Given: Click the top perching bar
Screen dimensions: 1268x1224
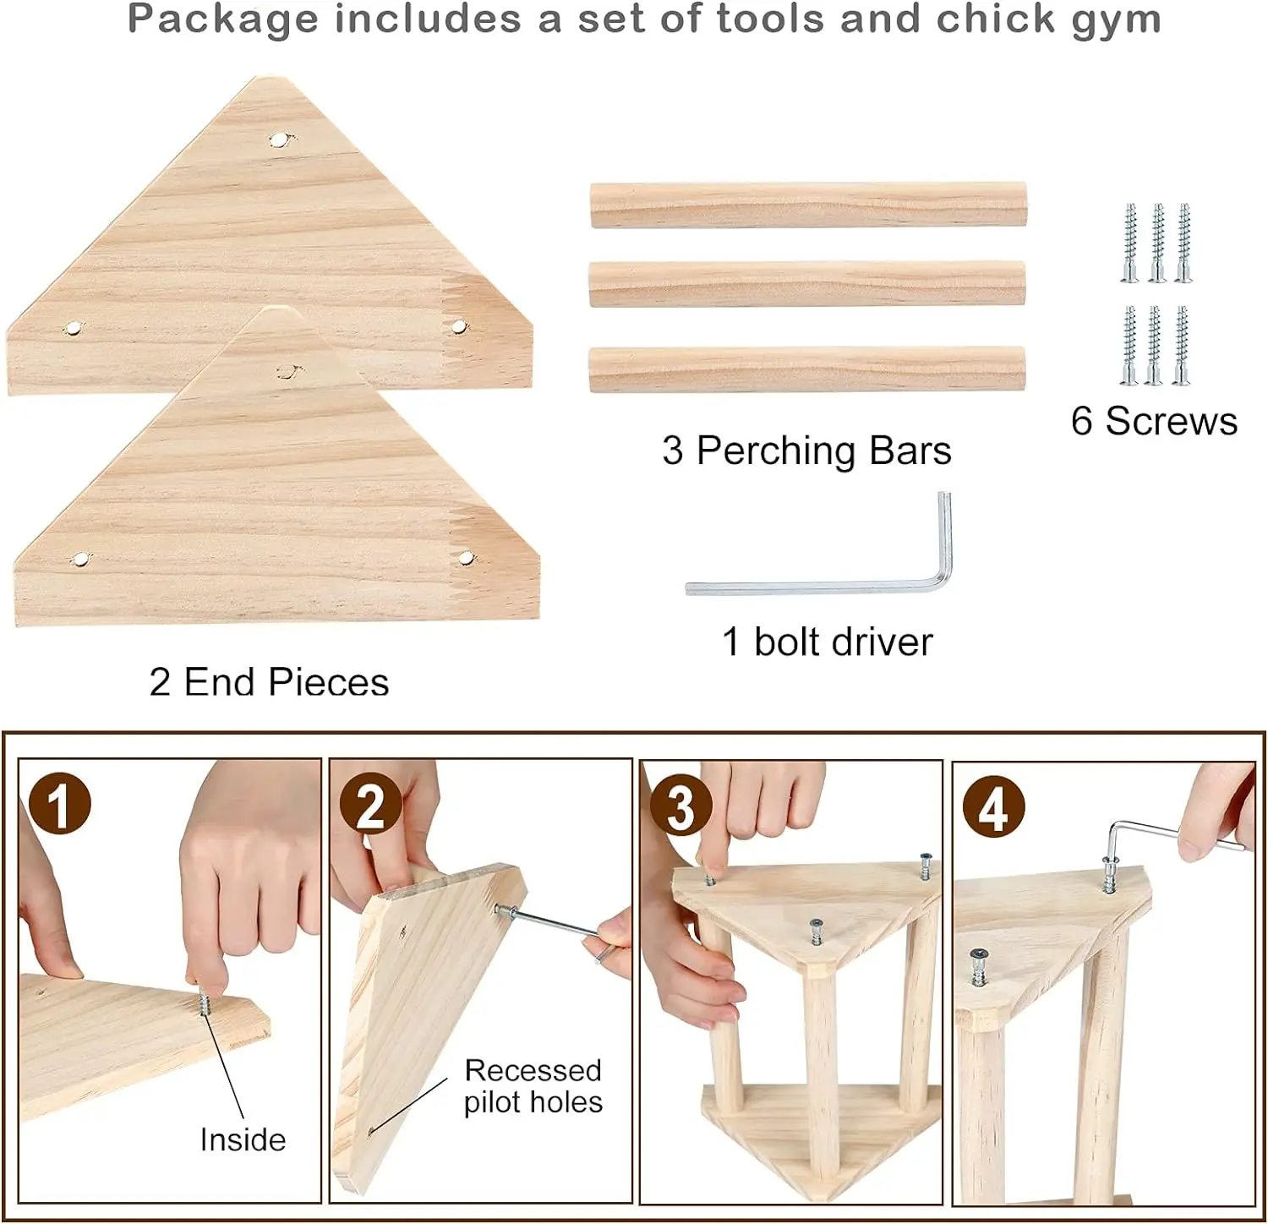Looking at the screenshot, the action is click(808, 205).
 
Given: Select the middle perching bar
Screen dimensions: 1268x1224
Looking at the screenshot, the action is click(807, 284).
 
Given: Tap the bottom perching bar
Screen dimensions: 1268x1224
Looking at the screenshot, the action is click(807, 369).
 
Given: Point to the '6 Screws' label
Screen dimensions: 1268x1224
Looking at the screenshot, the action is click(1154, 421).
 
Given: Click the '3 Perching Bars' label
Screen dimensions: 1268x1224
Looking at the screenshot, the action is click(806, 451).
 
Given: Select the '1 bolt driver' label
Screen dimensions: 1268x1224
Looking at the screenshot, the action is click(828, 642).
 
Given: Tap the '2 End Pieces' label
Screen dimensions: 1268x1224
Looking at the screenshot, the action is click(269, 682).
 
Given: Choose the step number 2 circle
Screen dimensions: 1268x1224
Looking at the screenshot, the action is click(371, 804).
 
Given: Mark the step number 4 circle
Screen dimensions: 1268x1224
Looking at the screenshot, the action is click(994, 807).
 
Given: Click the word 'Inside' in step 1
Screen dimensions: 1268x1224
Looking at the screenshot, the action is click(243, 1140).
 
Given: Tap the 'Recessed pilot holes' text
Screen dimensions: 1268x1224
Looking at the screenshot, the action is click(533, 1086).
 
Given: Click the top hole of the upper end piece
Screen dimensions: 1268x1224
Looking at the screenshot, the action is click(279, 139).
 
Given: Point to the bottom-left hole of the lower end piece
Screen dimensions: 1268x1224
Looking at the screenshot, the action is click(80, 559).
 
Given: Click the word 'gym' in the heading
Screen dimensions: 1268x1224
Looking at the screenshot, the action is click(1116, 20).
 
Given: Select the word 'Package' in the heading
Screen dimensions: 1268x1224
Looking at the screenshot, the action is click(223, 20).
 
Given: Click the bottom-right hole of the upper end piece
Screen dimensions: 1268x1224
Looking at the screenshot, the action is click(458, 326).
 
